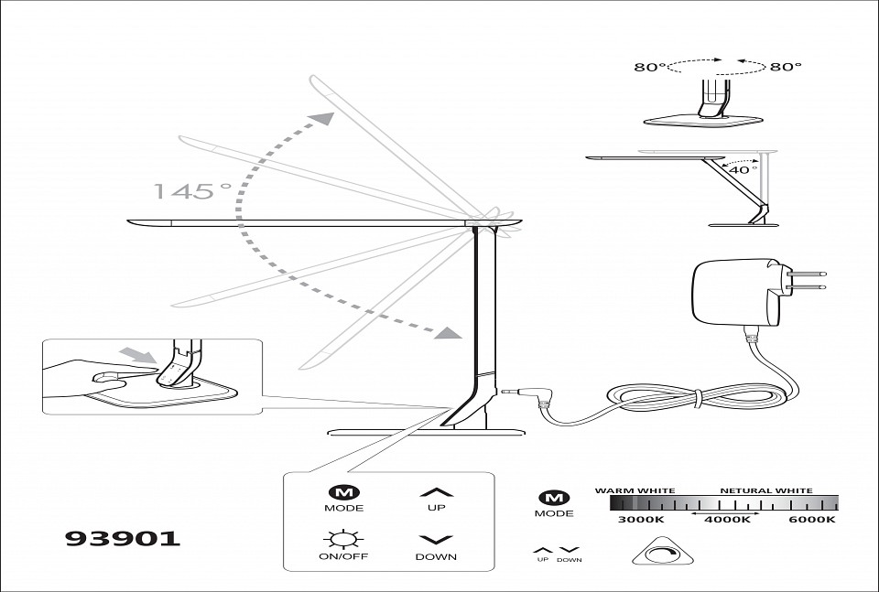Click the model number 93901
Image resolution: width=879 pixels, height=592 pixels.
tap(123, 538)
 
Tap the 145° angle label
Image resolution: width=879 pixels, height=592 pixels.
tap(192, 191)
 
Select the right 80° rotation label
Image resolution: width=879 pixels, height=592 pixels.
tap(786, 66)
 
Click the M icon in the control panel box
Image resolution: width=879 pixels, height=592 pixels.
tap(343, 491)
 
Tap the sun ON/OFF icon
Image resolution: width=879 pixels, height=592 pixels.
tap(343, 539)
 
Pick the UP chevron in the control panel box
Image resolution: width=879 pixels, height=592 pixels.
tap(436, 491)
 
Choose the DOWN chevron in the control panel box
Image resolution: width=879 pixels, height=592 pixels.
tap(436, 540)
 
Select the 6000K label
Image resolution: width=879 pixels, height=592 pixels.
tap(812, 520)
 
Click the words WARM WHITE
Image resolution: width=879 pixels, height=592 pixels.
tap(635, 490)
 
